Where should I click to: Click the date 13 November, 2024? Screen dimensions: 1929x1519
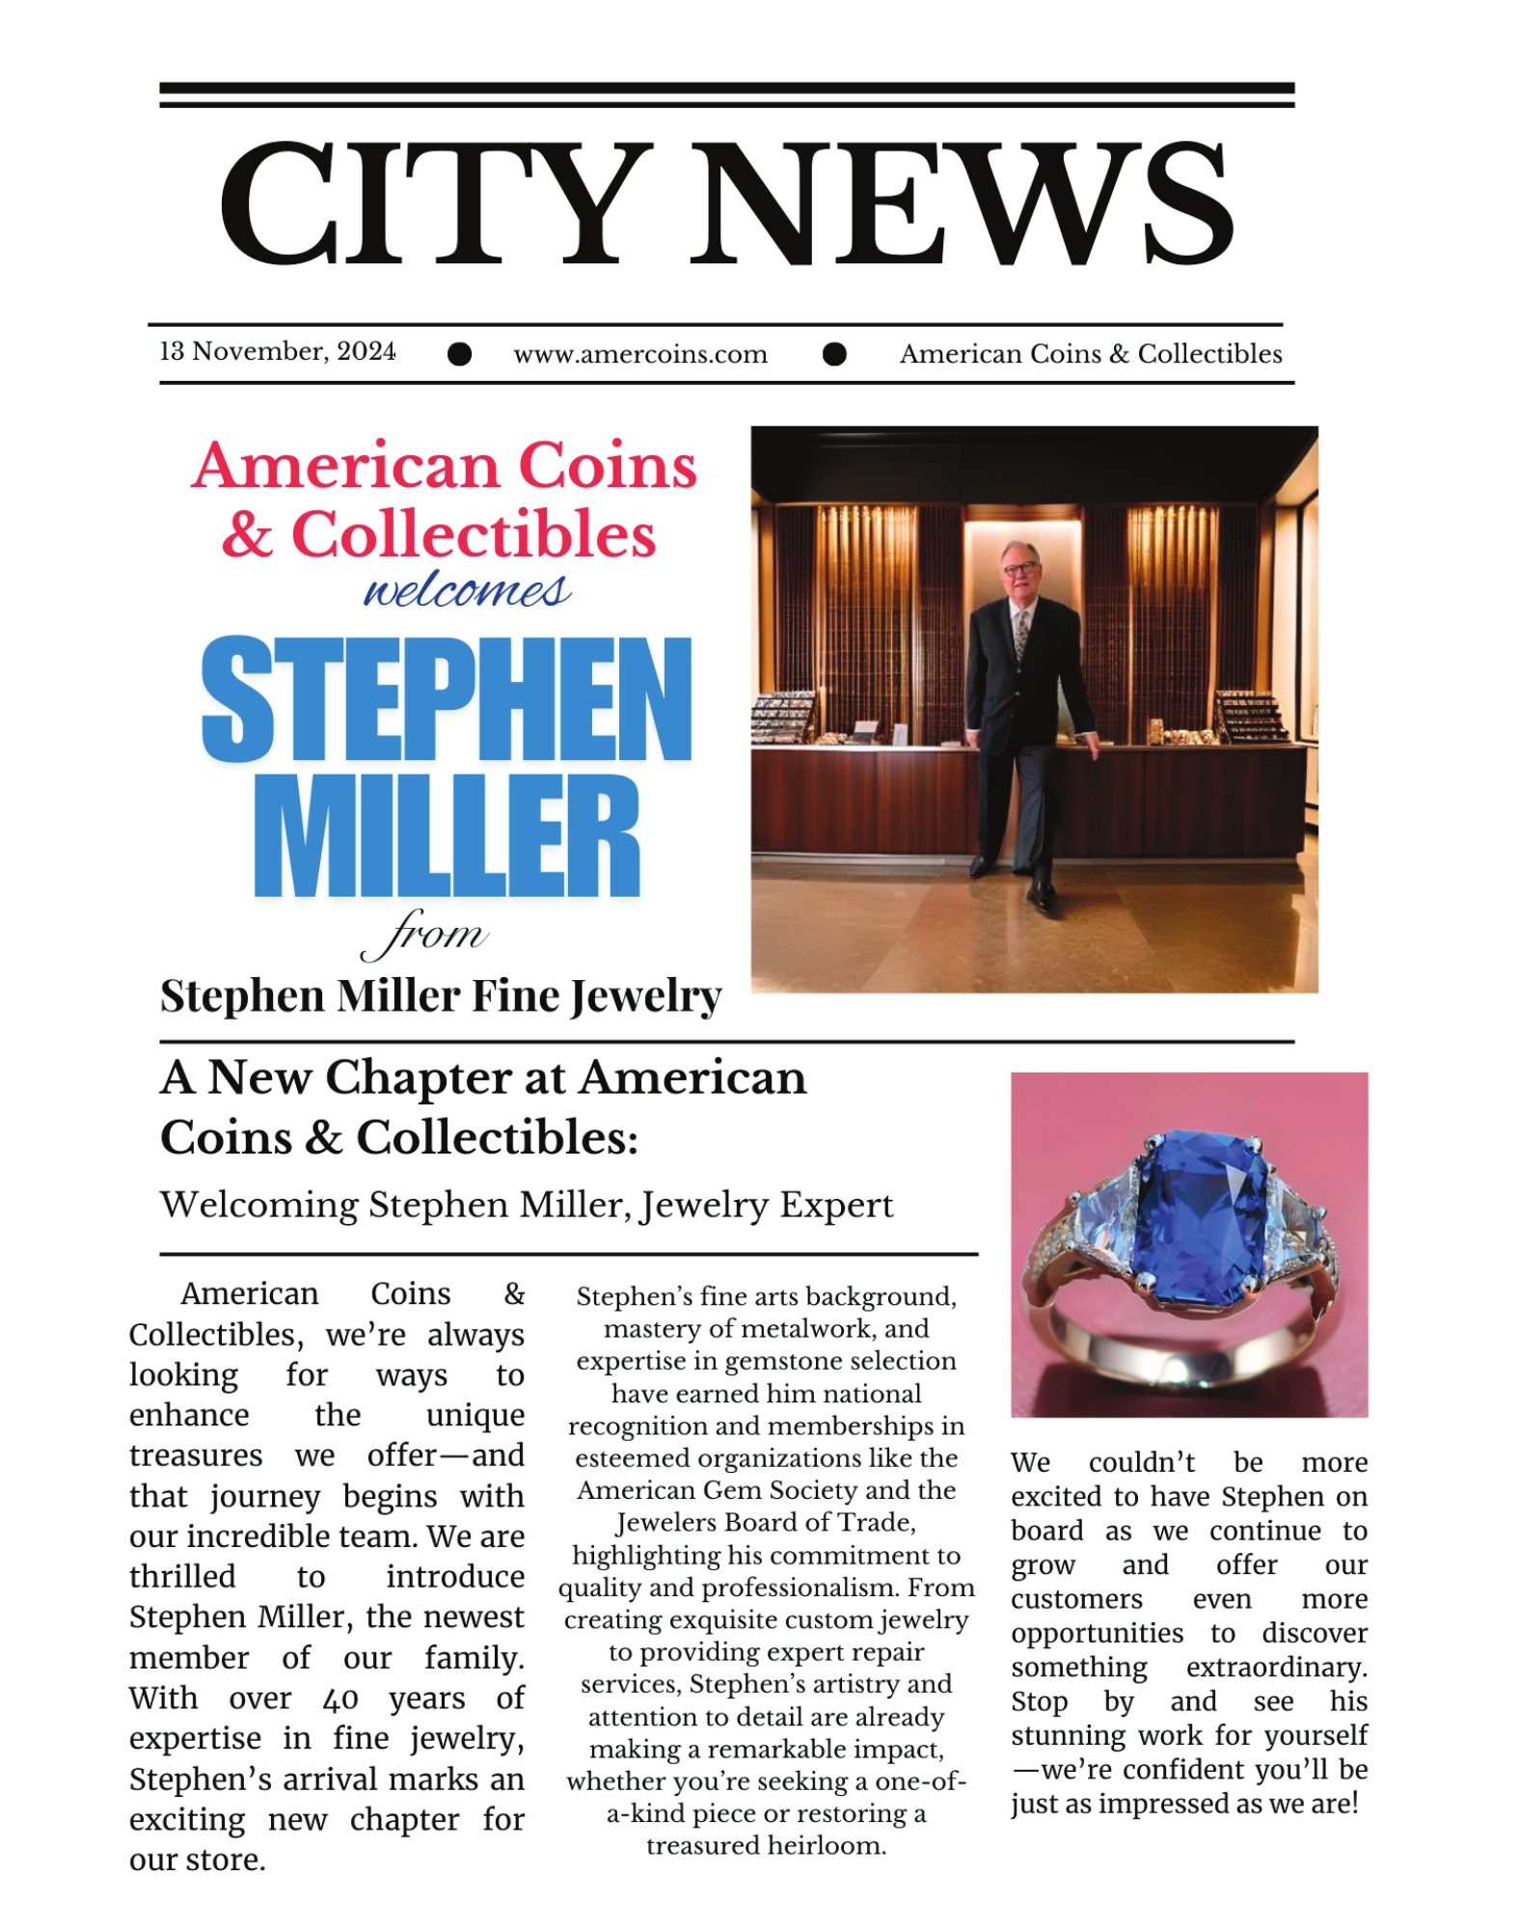click(x=277, y=351)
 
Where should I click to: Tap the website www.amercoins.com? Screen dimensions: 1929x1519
click(x=640, y=354)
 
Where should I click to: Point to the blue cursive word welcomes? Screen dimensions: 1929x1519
click(x=467, y=590)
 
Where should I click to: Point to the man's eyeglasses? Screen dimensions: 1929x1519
click(x=1019, y=568)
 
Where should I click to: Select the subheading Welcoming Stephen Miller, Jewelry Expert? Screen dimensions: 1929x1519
click(x=527, y=1205)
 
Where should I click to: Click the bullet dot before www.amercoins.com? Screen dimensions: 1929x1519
click(x=460, y=354)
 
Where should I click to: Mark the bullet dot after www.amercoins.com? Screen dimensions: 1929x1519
click(x=834, y=354)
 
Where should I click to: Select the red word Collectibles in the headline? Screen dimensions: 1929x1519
click(x=473, y=534)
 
